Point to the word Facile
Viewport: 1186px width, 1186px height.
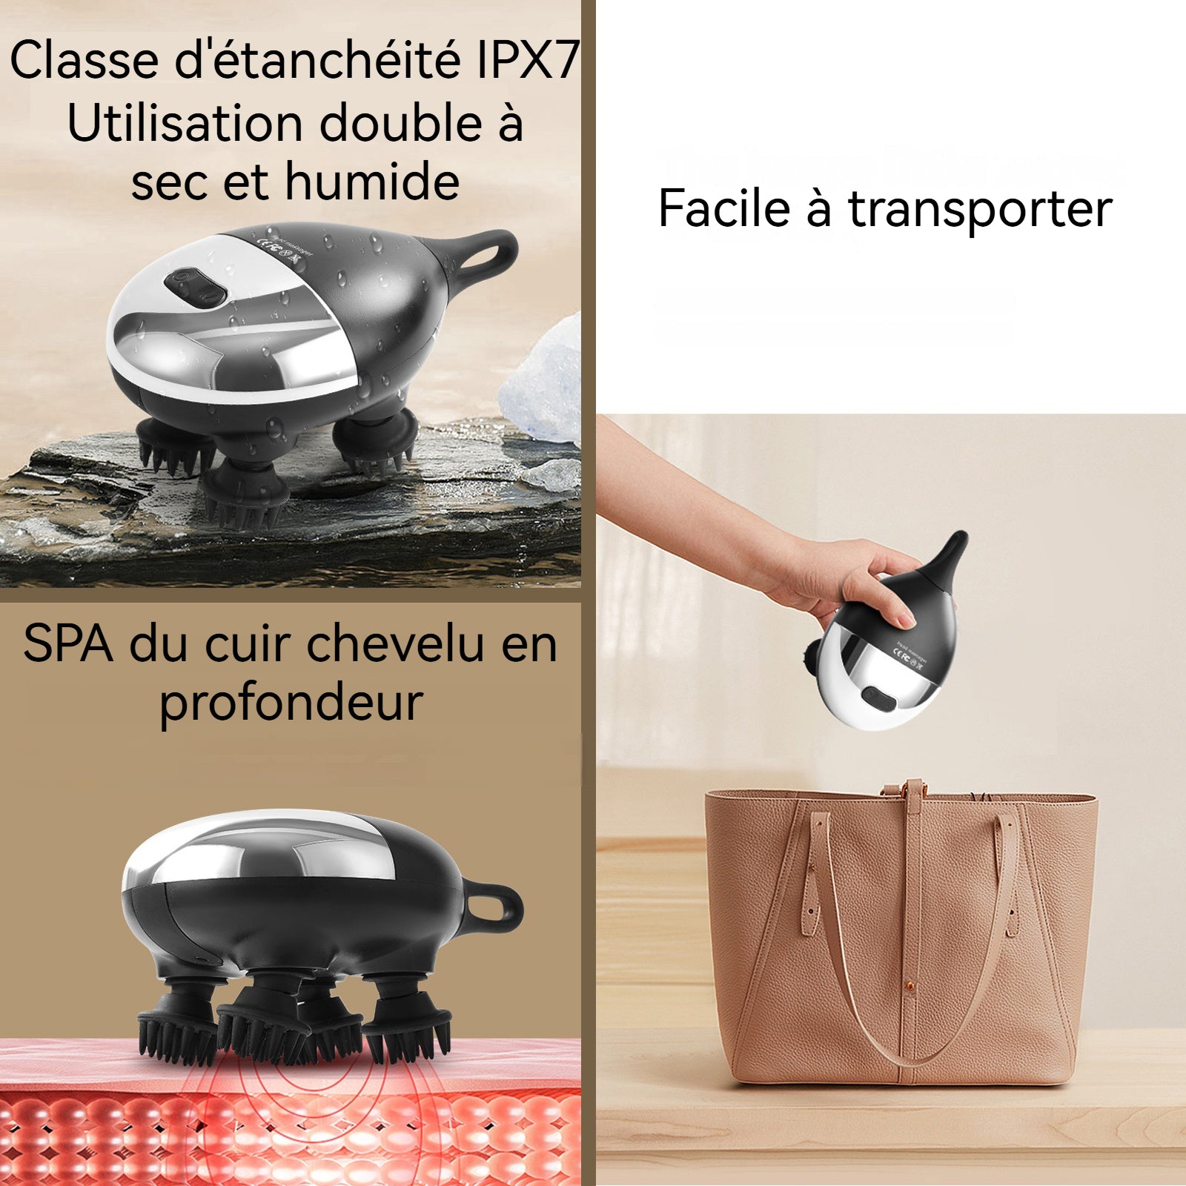click(x=724, y=208)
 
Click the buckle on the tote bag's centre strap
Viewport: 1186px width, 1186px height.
click(x=915, y=792)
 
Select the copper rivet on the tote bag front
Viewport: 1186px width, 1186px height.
click(x=910, y=987)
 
